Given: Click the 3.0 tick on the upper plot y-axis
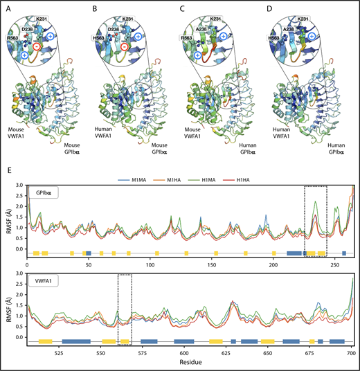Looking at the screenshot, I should (x=20, y=187).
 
